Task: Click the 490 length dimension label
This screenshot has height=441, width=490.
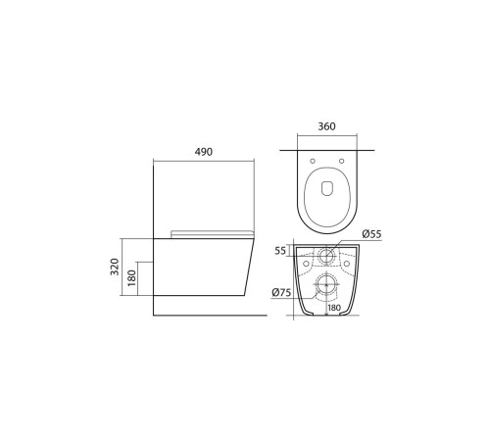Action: tap(204, 152)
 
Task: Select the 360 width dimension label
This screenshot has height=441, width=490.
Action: tap(326, 126)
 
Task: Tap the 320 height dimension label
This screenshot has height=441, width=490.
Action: tap(115, 267)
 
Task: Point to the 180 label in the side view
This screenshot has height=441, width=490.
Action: tap(131, 278)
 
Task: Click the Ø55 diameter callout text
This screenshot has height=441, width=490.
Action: tap(371, 234)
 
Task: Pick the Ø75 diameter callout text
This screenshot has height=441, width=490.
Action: tap(281, 293)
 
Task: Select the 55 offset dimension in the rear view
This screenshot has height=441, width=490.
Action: tap(280, 251)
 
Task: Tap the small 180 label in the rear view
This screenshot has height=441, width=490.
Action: tap(334, 308)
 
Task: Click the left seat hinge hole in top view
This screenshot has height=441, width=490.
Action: tap(313, 161)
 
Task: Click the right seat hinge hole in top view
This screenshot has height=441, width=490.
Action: tap(341, 161)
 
